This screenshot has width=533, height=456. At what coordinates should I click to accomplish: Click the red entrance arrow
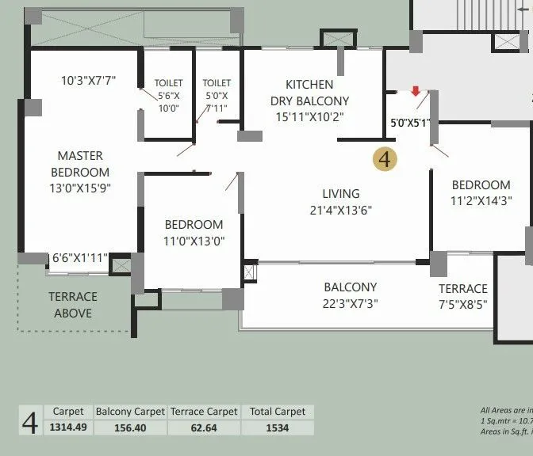[416, 91]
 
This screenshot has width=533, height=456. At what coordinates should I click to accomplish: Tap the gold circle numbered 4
[385, 159]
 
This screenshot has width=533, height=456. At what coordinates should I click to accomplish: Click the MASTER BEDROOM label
[80, 164]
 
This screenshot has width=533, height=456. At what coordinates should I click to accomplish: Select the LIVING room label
[341, 193]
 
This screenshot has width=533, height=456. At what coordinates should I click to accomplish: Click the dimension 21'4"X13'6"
[341, 211]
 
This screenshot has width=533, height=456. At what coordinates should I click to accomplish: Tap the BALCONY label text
[350, 287]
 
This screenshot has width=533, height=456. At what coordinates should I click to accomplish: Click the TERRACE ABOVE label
[73, 305]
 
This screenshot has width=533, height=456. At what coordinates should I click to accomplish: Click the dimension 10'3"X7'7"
[89, 80]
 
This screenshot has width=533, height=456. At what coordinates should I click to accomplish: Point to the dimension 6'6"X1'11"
[78, 258]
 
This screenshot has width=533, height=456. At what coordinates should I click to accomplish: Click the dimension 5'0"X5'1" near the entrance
[409, 123]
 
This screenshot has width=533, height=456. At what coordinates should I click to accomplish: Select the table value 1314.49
[68, 427]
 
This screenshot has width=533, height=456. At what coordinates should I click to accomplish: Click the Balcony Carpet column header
[130, 412]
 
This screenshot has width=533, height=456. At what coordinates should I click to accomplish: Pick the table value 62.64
[204, 427]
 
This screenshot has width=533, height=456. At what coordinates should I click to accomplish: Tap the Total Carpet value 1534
[278, 427]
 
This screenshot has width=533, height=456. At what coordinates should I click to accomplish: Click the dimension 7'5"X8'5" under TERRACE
[463, 305]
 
